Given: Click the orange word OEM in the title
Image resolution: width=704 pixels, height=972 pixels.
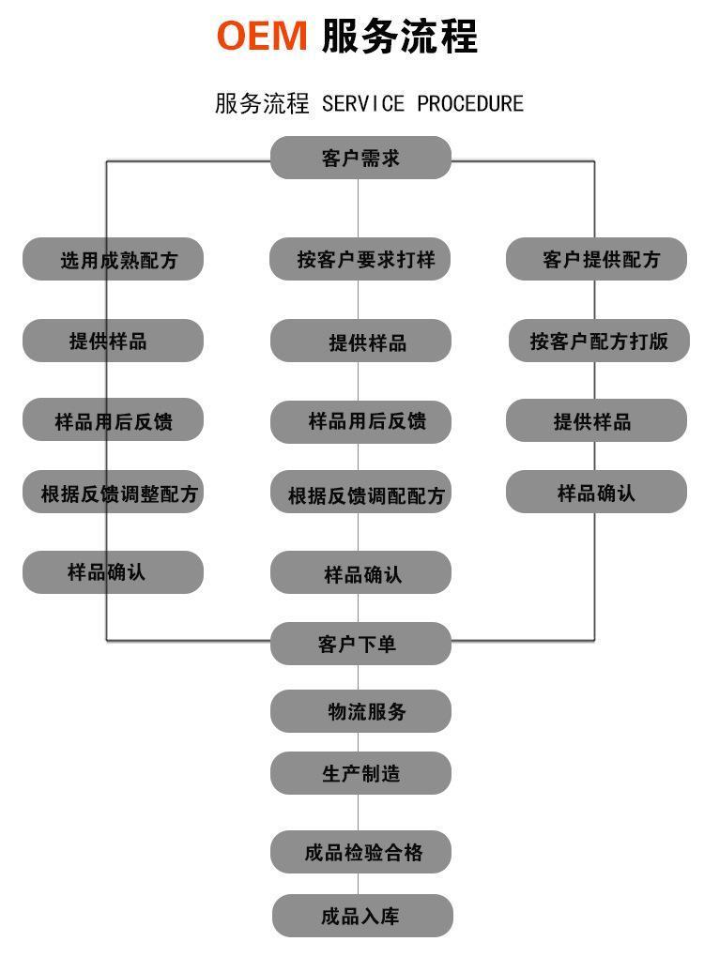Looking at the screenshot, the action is coord(262,36).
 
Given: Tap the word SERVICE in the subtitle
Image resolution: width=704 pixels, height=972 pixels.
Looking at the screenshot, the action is coord(363,103).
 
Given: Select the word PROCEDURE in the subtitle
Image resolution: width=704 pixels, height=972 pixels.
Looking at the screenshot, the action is coord(470,103).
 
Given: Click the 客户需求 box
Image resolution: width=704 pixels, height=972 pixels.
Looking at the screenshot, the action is coord(360,158).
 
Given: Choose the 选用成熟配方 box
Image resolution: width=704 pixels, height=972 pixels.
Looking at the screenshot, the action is coord(113,259).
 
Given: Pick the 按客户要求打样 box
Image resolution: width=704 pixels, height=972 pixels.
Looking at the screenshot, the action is coord(360,259).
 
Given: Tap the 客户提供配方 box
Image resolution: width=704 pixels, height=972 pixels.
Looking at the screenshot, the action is coord(597,259).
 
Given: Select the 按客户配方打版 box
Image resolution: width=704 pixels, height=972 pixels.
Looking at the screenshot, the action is coord(599,341).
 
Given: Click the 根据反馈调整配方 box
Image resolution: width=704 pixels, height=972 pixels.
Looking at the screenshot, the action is coord(113,493).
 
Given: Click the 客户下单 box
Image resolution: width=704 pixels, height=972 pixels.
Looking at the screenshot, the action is coord(360,644).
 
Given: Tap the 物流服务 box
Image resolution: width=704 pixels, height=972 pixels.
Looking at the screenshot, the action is coord(360,711).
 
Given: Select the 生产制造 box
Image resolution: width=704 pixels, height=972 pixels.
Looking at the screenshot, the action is coord(360,773).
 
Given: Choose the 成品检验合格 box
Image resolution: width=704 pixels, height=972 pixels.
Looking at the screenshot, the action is coord(360,852).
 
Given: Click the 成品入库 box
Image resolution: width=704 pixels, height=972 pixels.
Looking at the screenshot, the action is coord(362,916).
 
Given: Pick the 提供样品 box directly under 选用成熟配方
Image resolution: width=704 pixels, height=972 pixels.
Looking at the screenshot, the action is coord(113,341).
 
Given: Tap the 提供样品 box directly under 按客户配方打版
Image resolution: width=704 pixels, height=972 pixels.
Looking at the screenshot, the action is coord(597,420).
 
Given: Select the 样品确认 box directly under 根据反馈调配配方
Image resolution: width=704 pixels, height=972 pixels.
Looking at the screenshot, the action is coord(360,572).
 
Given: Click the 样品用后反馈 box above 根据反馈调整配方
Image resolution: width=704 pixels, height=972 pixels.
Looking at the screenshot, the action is coord(113,419).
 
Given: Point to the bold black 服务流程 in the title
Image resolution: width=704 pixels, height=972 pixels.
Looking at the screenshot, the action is coord(400,36).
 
